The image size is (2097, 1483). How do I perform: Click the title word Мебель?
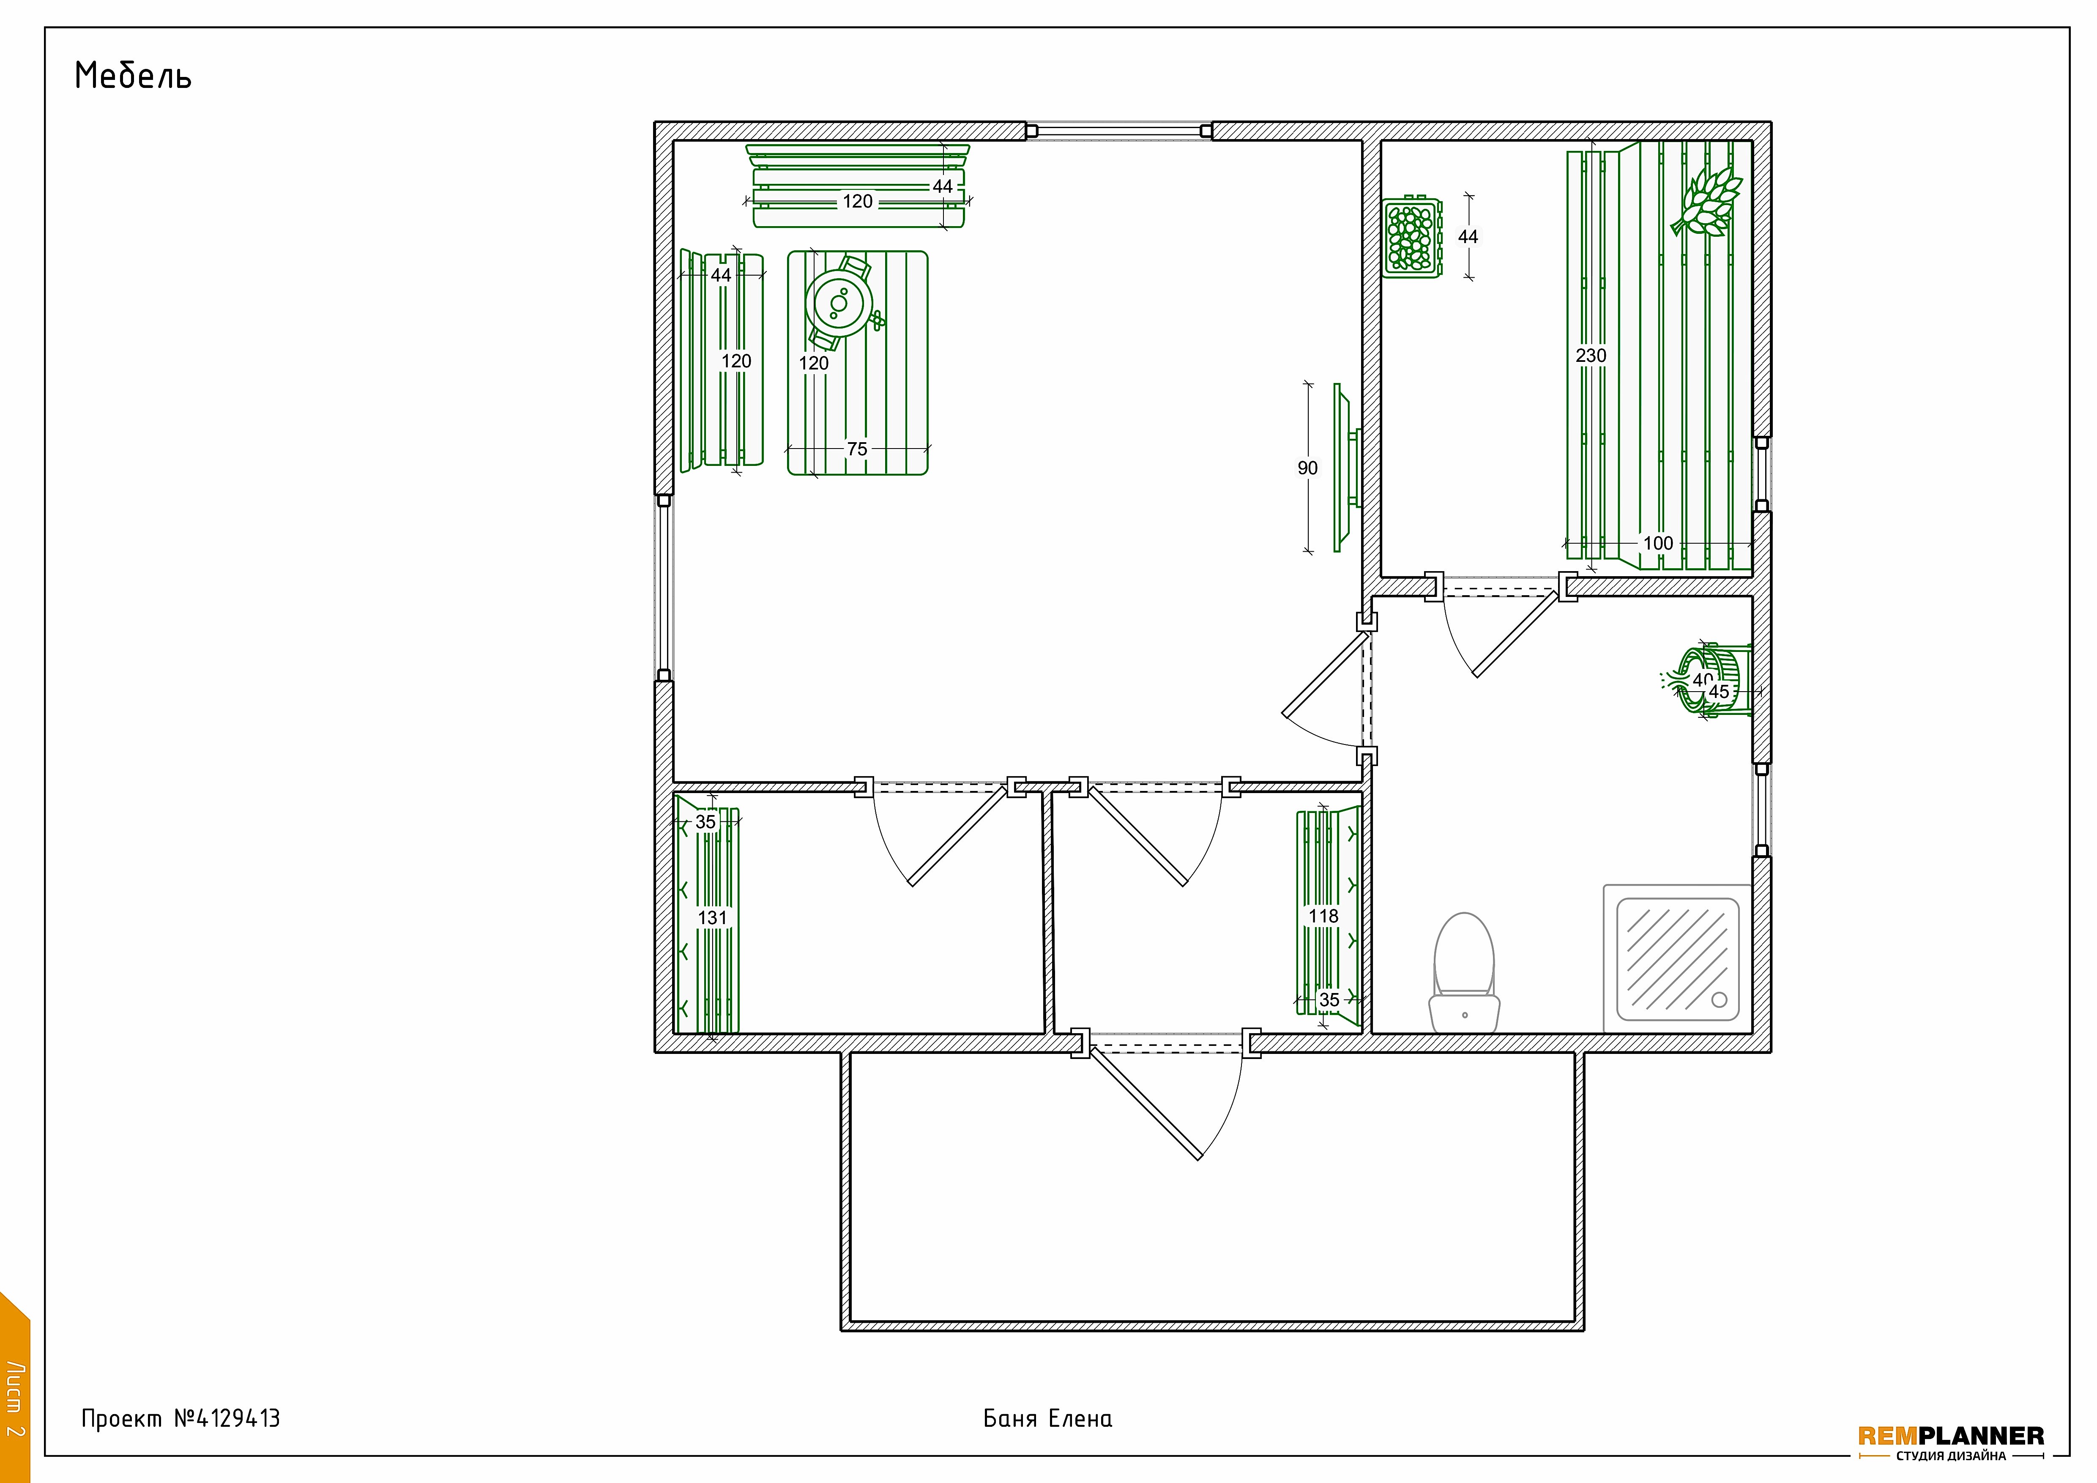point(133,76)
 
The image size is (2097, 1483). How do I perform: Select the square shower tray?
point(1678,959)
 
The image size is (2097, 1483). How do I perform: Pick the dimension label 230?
point(1591,355)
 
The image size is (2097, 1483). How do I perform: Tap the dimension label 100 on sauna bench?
point(1658,543)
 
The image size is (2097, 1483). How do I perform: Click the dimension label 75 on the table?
point(857,449)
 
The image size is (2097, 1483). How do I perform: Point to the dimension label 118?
point(1323,916)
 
